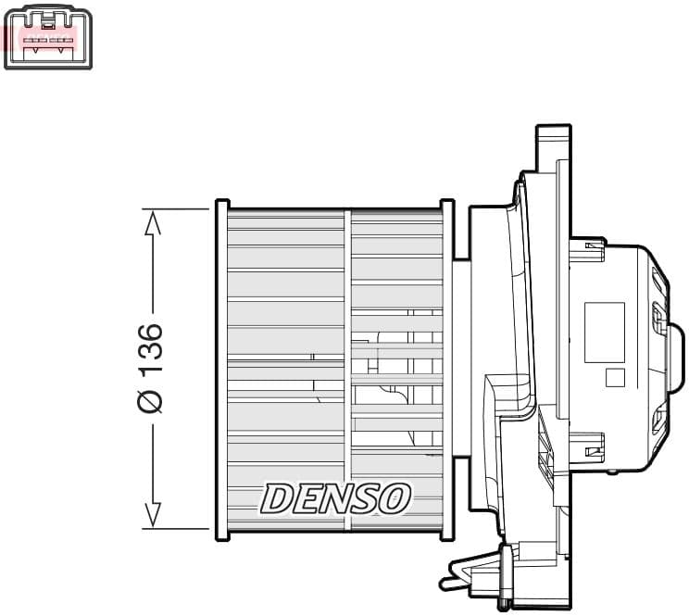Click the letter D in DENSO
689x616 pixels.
coord(277,498)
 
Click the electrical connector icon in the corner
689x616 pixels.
coord(48,38)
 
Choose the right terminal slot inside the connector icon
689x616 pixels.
coord(61,40)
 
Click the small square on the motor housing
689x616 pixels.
coord(615,378)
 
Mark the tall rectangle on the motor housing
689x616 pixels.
coord(604,332)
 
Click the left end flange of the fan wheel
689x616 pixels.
coord(221,368)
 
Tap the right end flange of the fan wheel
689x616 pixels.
coord(446,368)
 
